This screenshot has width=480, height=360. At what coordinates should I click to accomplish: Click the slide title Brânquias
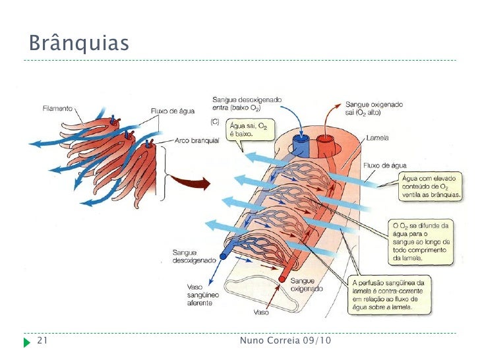point(78,44)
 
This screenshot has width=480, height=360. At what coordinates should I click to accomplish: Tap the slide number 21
point(44,340)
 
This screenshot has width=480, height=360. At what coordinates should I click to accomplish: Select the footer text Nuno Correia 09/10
point(285,340)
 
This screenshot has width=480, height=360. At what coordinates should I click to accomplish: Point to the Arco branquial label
point(197,140)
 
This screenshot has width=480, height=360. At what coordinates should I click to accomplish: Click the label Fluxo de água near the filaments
point(173,111)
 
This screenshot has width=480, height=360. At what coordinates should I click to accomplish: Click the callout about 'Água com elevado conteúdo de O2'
point(427,186)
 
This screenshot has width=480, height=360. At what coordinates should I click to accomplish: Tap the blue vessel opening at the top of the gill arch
point(303,140)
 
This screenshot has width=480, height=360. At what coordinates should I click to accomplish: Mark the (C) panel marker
point(214,122)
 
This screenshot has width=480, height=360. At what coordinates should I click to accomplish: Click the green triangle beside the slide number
point(26,342)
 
